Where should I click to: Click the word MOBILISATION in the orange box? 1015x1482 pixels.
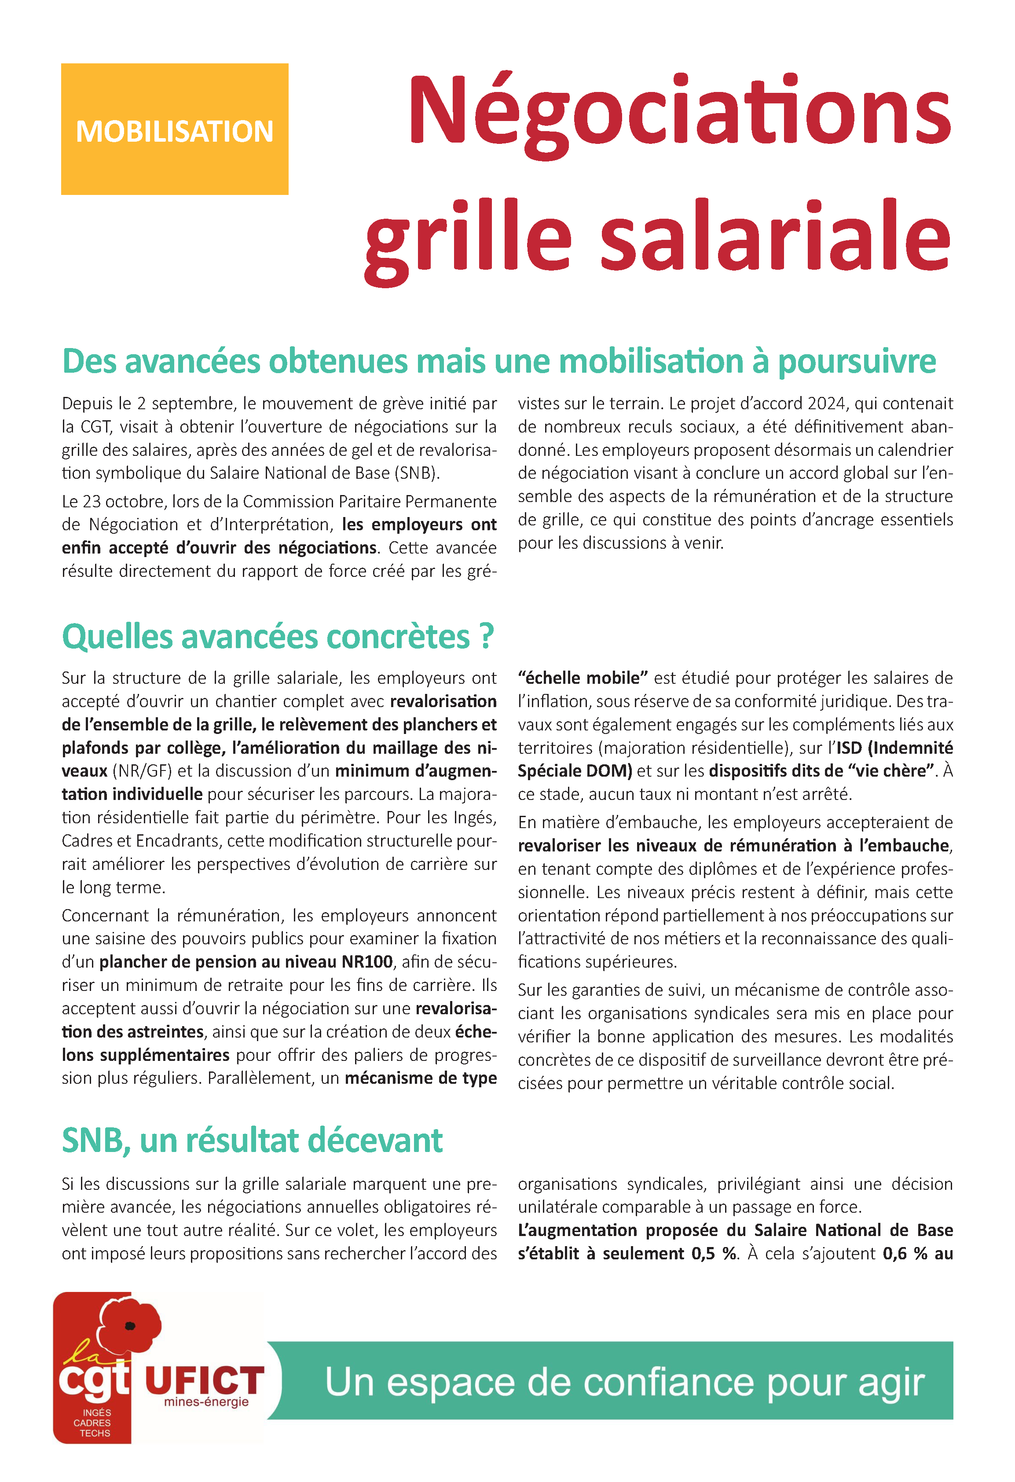(174, 132)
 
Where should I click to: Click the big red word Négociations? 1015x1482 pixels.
(679, 112)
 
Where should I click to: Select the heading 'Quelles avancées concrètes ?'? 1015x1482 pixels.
(278, 636)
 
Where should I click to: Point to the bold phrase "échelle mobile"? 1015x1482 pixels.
(583, 678)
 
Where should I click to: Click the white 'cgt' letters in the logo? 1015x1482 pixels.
(94, 1380)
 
